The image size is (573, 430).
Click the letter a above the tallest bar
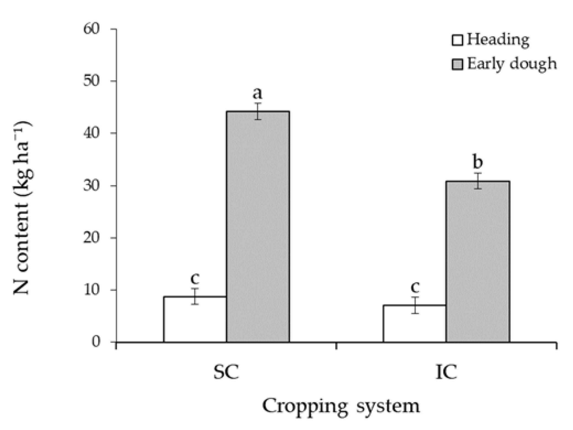[x=258, y=93]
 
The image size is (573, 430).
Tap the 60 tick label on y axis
[x=91, y=29]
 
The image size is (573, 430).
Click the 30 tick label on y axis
[x=91, y=185]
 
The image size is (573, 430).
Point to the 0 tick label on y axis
[x=96, y=342]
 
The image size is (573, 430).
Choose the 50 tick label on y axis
[x=91, y=81]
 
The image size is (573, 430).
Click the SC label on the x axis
[x=226, y=372]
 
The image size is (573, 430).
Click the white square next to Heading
[x=457, y=40]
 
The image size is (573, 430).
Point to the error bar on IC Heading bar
[x=415, y=305]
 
